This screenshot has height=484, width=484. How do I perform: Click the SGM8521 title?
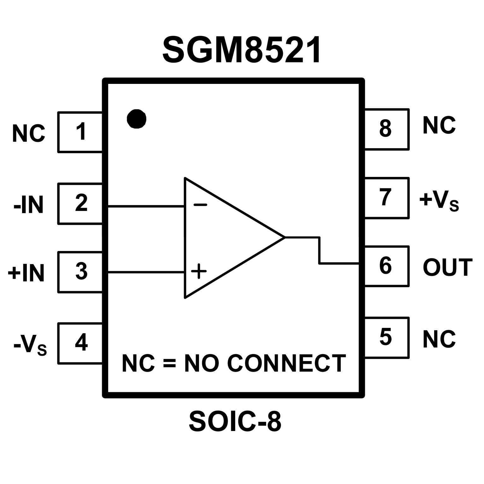point(242,50)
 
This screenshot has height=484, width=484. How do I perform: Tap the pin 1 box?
point(80,132)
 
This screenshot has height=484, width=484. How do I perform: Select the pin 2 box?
point(80,203)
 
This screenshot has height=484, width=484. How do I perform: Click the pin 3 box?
point(80,272)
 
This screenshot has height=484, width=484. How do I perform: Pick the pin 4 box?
point(80,343)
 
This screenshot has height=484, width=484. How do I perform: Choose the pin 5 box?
point(386,338)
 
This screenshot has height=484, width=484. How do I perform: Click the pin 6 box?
point(386,266)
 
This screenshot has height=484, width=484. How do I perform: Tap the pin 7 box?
point(386,198)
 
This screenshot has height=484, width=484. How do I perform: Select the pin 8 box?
point(386,129)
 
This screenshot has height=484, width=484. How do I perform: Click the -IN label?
point(28,205)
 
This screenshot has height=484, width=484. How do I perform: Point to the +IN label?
point(26,273)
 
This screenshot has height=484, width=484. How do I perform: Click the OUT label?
point(447,267)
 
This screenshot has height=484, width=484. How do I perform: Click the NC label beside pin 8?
point(439,125)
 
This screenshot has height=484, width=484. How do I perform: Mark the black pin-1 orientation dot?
point(137,119)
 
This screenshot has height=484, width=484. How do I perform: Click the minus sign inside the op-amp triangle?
point(200,205)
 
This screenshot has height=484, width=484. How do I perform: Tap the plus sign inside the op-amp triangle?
point(199,271)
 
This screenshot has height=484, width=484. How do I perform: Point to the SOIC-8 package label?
point(235,422)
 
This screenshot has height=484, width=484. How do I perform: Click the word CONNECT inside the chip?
point(286,363)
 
